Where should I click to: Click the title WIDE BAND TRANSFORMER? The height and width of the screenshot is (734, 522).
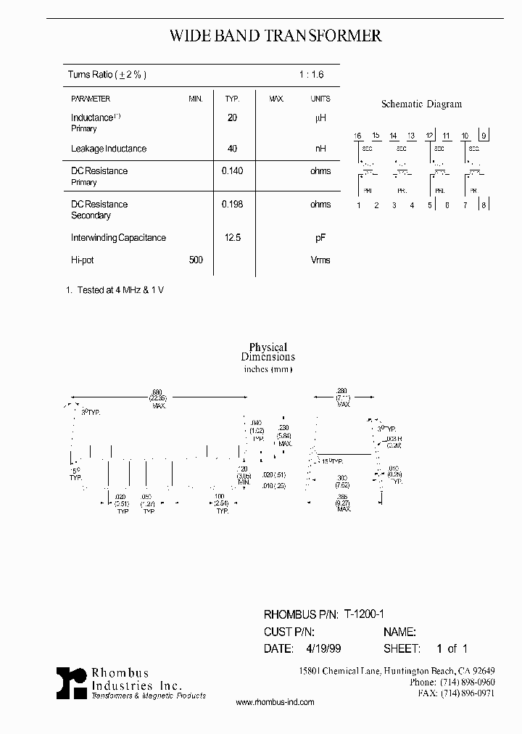click(x=275, y=36)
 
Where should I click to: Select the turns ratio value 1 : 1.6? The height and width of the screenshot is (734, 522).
click(x=311, y=75)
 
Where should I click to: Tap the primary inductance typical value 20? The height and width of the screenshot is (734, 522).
click(x=232, y=117)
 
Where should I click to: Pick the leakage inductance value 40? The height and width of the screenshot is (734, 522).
click(x=232, y=149)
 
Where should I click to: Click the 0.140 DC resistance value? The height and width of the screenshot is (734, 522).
click(x=232, y=171)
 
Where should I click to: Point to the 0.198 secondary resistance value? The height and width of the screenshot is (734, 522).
click(x=232, y=205)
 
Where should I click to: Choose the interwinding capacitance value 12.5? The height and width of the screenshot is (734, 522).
click(x=232, y=238)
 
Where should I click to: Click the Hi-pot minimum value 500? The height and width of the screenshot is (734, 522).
click(x=196, y=260)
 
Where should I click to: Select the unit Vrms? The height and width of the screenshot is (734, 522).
click(x=320, y=260)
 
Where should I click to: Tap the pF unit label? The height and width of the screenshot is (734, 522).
click(x=320, y=238)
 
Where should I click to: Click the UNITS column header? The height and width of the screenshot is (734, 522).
click(x=320, y=99)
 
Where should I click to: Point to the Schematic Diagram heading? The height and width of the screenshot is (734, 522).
click(x=421, y=104)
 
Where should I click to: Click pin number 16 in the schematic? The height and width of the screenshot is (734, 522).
click(x=357, y=136)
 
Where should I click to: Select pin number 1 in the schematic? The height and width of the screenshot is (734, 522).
click(x=358, y=205)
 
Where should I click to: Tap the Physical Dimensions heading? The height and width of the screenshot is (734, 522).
click(x=268, y=352)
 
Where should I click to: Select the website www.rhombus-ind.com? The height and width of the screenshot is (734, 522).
click(x=275, y=702)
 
